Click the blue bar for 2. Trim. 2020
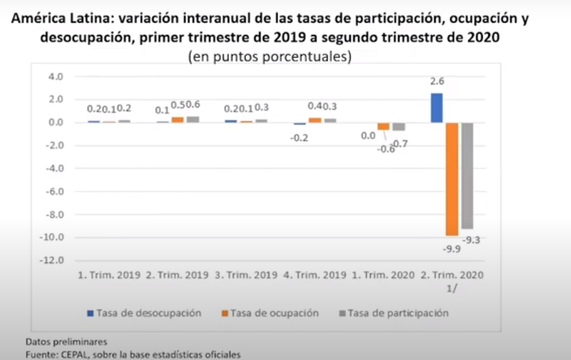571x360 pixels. tap(437, 108)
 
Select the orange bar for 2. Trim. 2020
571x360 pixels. tap(452, 179)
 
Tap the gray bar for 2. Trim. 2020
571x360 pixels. tap(467, 176)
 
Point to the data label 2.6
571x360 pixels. tap(437, 81)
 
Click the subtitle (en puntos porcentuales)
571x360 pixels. tap(269, 56)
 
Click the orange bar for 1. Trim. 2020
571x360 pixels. tap(383, 126)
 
